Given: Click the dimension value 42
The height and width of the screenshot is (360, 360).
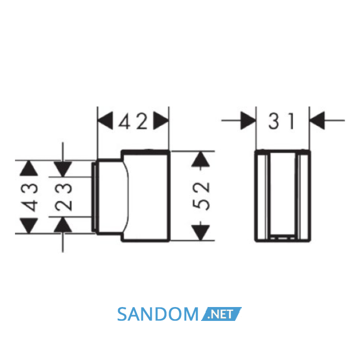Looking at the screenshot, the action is point(133,121).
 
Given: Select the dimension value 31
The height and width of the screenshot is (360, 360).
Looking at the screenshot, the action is point(281,121).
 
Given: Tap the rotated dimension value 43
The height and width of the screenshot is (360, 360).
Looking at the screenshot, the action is point(29,197).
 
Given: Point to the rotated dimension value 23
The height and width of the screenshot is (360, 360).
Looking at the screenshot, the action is point(64,196).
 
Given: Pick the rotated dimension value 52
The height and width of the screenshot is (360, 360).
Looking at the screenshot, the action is point(202,196).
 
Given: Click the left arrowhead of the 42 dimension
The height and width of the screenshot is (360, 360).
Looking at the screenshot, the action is point(105,120).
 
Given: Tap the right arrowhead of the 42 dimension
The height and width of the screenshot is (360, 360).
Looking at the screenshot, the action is point(160,120).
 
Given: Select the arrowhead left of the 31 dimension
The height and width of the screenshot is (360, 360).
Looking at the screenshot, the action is point(248,120).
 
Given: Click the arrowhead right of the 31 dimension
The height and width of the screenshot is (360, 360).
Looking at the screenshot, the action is point(317,120).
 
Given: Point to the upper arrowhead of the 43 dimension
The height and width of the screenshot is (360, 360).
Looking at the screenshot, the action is point(29,168).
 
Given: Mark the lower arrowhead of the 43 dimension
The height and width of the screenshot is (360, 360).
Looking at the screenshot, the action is point(29,226).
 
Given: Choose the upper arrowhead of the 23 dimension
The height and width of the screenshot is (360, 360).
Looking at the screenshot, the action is point(63,169).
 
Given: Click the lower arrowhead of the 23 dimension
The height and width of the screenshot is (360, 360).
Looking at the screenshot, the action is point(63,225).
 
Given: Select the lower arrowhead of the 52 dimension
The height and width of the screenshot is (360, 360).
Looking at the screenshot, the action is point(201,233).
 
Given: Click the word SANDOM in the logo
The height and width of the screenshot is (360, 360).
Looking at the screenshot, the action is point(158,314).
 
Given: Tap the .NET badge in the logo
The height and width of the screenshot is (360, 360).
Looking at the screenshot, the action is point(221,314).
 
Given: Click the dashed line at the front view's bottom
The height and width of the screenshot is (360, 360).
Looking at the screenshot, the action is point(283,238).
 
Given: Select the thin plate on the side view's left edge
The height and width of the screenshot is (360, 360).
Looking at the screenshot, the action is point(93,197).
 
